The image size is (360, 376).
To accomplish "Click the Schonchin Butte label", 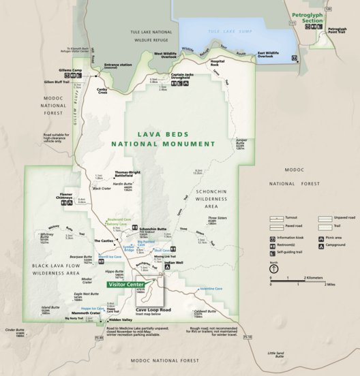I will [x=153, y=229].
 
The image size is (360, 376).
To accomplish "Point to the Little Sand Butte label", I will [x=275, y=354].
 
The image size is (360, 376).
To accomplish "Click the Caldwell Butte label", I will [x=204, y=311].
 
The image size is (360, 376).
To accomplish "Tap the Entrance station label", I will [x=117, y=65].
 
